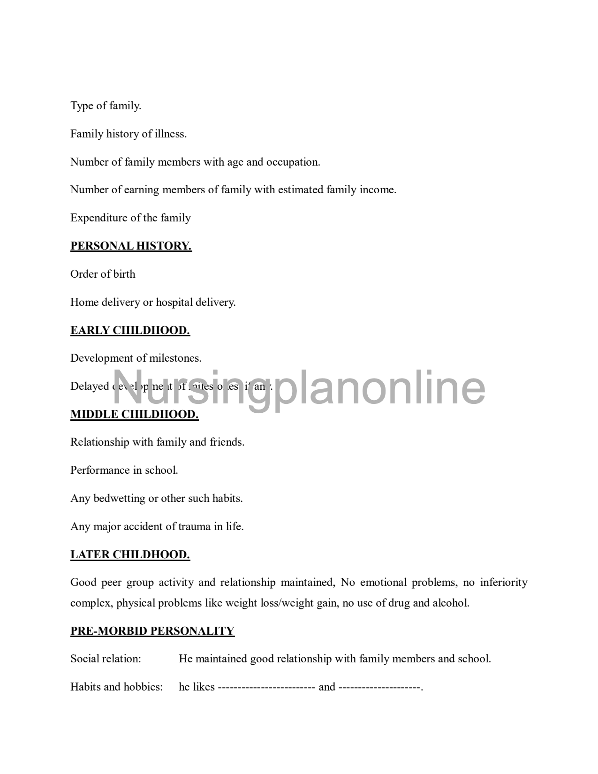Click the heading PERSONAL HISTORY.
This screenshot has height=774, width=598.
click(x=131, y=246)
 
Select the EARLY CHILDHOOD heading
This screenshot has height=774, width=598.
click(x=130, y=330)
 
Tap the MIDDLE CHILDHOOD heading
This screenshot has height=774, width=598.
click(x=134, y=414)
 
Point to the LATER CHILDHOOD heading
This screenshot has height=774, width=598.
click(x=130, y=554)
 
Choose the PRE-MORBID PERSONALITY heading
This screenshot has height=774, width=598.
click(x=152, y=631)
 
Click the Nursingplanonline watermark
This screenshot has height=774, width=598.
click(x=299, y=387)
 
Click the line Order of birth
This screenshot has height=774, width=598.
click(x=103, y=274)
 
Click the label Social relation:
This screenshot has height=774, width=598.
click(x=106, y=659)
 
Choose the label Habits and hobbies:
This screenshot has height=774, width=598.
click(x=116, y=687)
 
